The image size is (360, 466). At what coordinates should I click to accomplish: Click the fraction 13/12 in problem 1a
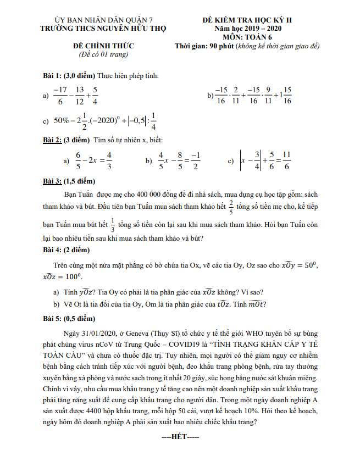(x=79, y=95)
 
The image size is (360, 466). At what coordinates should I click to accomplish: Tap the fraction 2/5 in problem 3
(x=231, y=207)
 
